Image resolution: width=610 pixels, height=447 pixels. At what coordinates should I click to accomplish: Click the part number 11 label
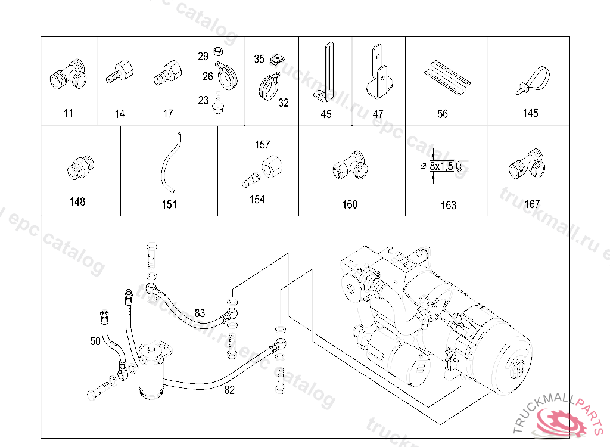[69, 113]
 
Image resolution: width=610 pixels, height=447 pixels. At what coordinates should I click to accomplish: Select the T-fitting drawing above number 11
[66, 76]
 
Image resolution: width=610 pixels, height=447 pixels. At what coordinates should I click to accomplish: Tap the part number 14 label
[120, 114]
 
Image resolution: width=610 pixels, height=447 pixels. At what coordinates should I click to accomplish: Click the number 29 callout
[203, 57]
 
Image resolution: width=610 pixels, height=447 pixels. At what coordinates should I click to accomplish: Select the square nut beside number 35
[275, 59]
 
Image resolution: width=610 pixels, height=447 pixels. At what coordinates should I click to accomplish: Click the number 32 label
[284, 103]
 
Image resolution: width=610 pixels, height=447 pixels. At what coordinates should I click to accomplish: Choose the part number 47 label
[378, 114]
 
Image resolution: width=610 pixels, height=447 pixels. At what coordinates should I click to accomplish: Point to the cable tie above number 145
[532, 82]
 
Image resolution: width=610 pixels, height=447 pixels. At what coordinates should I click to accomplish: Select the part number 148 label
[77, 202]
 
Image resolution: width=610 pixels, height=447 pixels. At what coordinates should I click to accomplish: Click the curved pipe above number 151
[169, 164]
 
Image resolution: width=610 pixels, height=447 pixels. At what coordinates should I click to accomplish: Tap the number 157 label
[262, 145]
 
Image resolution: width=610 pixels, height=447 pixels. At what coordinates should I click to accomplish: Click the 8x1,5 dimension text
[441, 166]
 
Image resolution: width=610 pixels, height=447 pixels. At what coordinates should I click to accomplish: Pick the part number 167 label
[532, 204]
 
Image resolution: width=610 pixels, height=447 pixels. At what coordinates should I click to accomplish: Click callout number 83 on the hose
[200, 312]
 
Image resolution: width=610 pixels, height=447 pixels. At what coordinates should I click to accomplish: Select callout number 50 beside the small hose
[95, 342]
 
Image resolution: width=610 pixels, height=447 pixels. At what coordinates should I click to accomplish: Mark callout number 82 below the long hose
[229, 390]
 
